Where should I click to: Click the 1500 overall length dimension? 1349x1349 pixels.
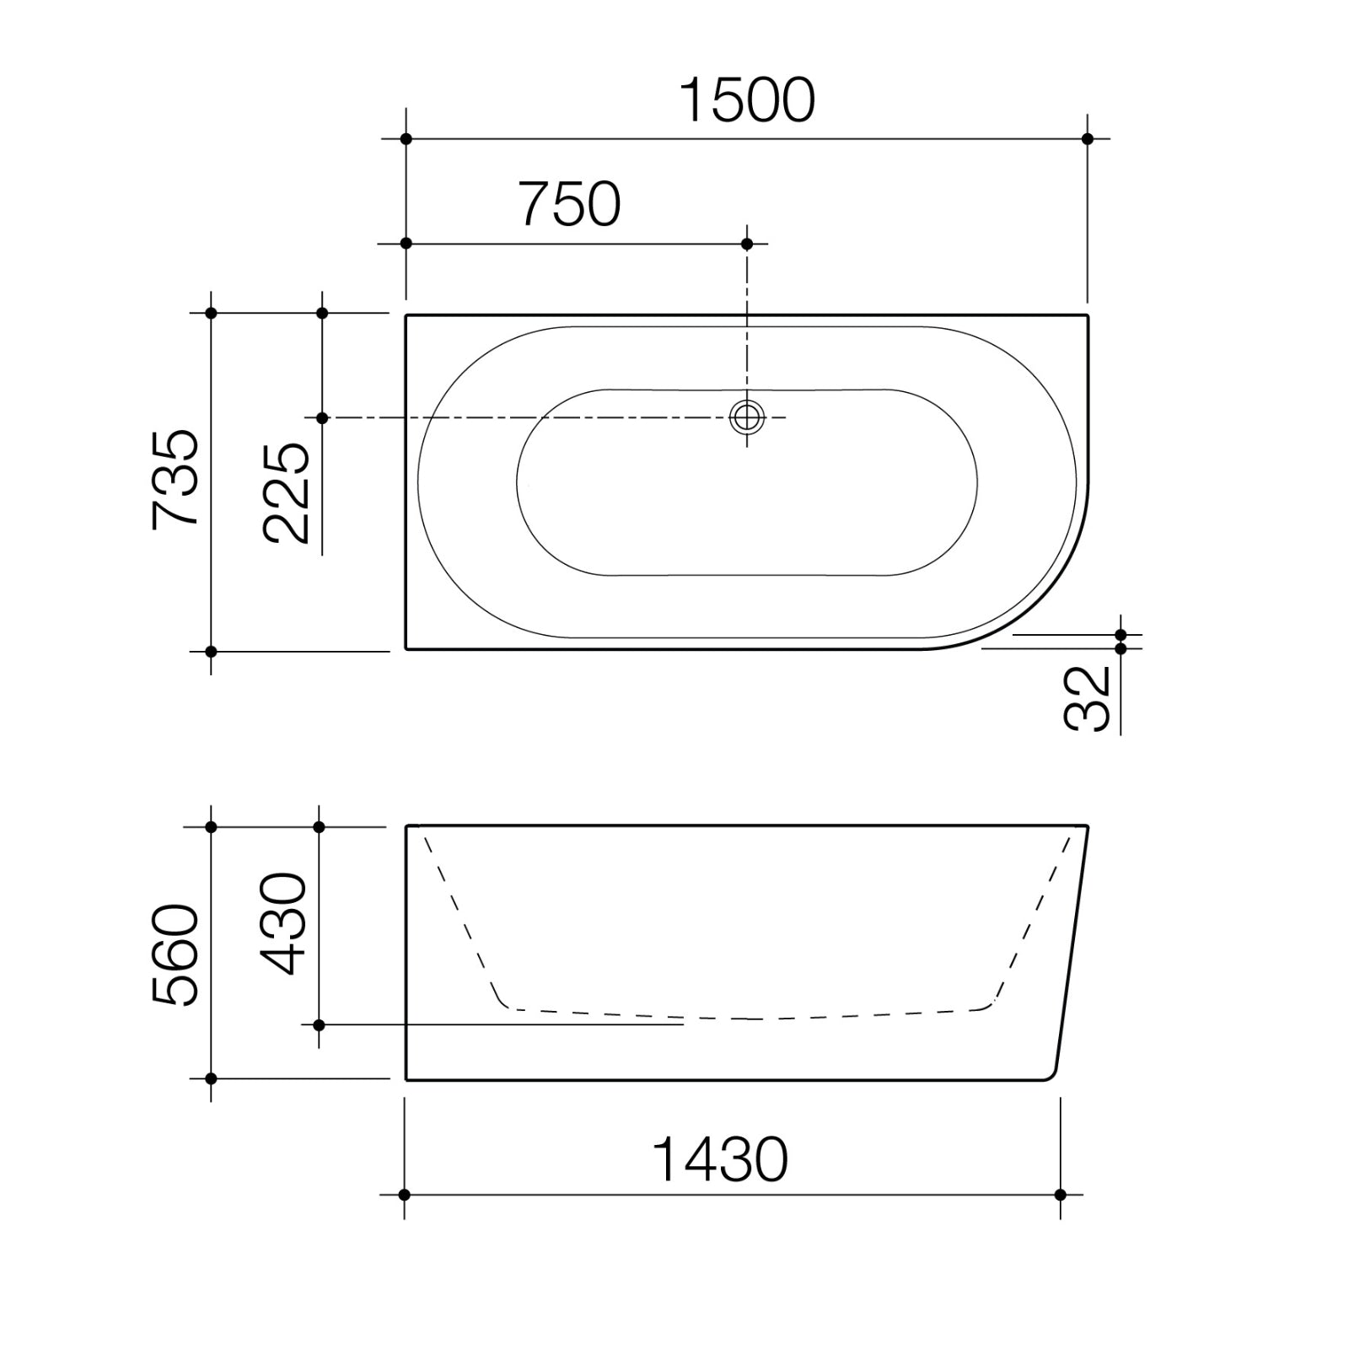coord(747,100)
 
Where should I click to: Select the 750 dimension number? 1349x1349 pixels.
coord(571,205)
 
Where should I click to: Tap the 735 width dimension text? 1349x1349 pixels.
coord(176,480)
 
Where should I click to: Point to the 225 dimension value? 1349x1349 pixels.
coord(286,492)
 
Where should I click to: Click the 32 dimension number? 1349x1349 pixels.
coord(1088,699)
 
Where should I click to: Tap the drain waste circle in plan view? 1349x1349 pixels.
coord(747,417)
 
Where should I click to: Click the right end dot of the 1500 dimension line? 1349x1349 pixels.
coord(1087,138)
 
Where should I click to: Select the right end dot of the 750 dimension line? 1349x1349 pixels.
coord(747,244)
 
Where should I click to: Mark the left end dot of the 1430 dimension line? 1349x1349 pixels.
coord(405,1195)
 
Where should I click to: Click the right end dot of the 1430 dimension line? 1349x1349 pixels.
coord(1060,1195)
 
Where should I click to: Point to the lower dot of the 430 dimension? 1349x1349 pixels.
coord(319,1024)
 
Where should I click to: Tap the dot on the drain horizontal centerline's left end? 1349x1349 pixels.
coord(321,417)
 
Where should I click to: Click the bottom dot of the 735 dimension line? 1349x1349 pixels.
coord(211,651)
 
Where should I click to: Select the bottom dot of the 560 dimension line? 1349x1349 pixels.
coord(211,1078)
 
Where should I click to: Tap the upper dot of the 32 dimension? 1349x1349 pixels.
coord(1121,635)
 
